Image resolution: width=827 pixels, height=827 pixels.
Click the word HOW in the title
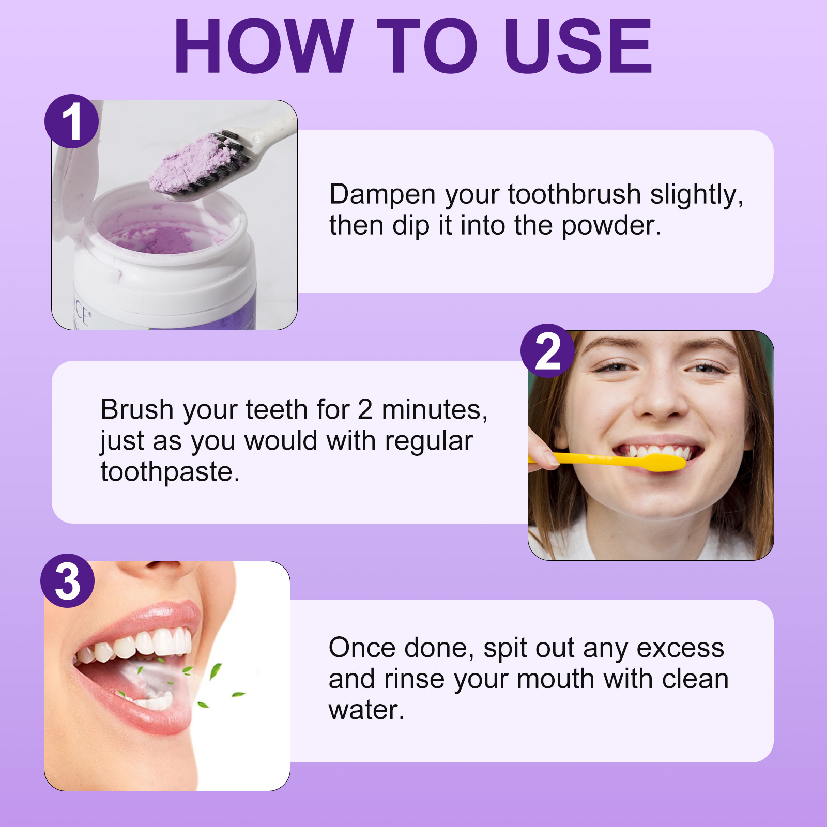coord(264,46)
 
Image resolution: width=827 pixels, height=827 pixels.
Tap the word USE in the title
coord(578,46)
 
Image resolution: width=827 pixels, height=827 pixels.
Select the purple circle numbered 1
coord(71,121)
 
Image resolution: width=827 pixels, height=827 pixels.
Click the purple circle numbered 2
coord(547,351)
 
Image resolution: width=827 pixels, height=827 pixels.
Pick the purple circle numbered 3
coord(68,581)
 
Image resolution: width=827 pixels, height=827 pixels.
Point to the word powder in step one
coord(611,226)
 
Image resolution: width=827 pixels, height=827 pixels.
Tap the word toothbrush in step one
coord(574,194)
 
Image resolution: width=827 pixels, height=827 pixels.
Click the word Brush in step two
coord(137,409)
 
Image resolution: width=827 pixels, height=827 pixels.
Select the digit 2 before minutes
coord(365,409)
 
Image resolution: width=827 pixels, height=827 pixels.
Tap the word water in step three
coord(366,711)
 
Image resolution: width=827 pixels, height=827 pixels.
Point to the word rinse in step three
coord(414,679)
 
